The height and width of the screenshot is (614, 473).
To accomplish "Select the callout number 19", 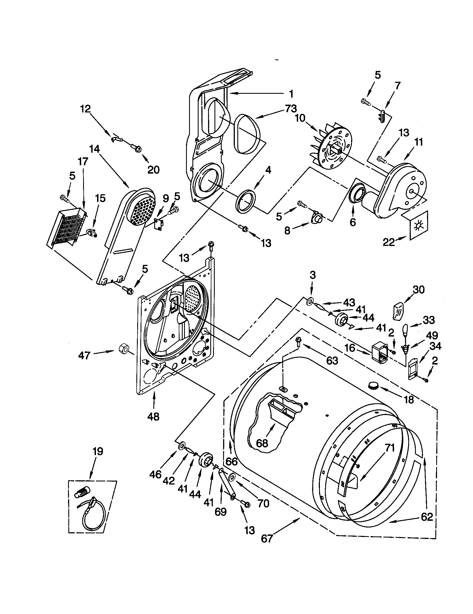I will [98, 452].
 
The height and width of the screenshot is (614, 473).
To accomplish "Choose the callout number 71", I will [390, 448].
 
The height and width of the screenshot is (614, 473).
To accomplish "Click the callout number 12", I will [85, 109].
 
